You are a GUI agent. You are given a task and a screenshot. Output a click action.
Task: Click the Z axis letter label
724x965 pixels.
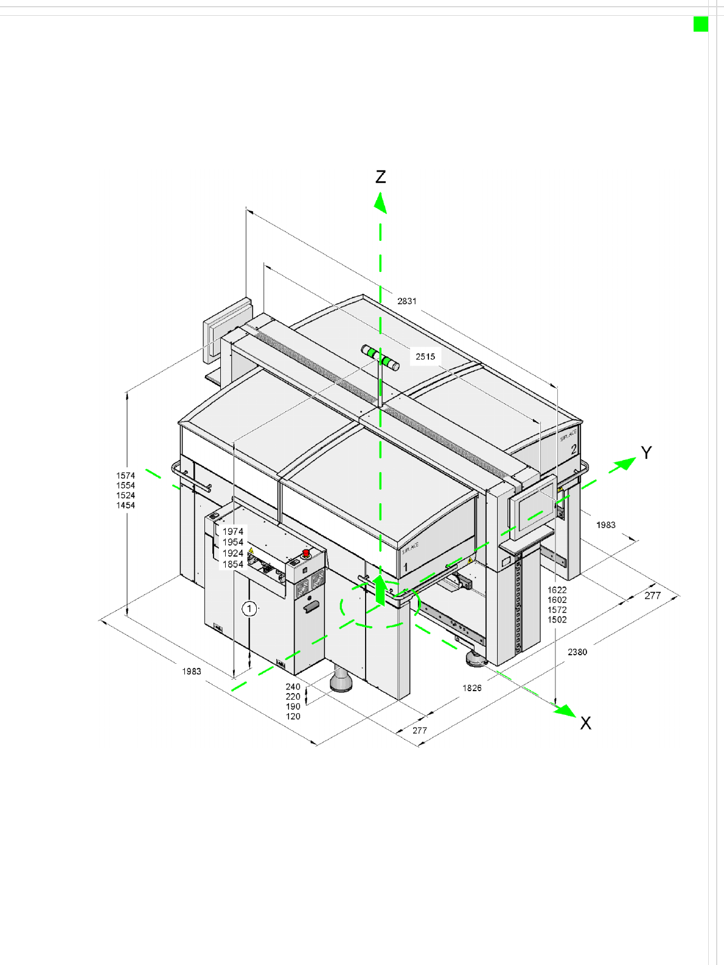pos(381,177)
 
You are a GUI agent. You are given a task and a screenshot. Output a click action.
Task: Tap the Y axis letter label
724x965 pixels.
pos(646,453)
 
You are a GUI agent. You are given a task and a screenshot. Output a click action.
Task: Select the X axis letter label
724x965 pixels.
pos(585,723)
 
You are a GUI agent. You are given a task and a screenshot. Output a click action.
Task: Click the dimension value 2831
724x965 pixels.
pos(407,301)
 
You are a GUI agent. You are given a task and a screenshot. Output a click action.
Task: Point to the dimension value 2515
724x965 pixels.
pos(425,357)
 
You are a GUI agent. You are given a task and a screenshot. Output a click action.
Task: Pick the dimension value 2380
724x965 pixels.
pos(577,652)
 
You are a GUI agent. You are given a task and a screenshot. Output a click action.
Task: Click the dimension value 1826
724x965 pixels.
pos(472,688)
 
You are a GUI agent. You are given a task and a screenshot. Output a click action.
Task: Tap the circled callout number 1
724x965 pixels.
pos(249,608)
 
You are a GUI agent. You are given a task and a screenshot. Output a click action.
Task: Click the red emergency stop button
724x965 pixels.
pos(306,553)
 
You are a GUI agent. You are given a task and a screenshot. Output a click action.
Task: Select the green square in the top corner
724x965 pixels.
pos(701,24)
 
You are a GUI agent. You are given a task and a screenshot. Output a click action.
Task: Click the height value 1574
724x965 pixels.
pos(126,476)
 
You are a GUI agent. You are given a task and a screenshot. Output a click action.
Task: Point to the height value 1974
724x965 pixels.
pos(232,532)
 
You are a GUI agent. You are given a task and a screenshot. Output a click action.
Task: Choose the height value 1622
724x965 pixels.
pos(557,590)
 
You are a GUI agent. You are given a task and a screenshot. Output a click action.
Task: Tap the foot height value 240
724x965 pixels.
pos(293,687)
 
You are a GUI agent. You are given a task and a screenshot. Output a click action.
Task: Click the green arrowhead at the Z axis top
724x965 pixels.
pos(380,203)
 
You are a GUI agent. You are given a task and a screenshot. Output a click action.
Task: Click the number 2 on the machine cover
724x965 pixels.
pos(574,450)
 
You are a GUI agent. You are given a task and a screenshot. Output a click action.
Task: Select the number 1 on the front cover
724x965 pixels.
pos(406,567)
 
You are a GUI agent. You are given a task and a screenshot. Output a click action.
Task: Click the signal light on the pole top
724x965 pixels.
pos(380,357)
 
